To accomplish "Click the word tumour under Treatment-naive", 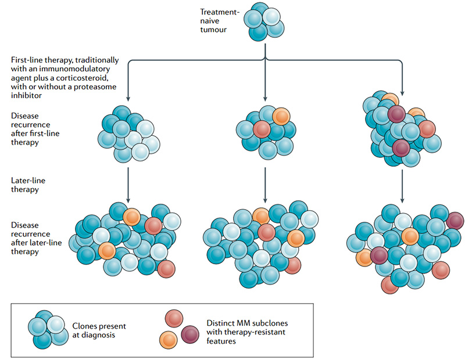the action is pos(213,30).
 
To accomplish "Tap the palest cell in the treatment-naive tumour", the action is pos(271,16).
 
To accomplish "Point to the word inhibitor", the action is pos(26,95).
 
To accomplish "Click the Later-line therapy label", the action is pos(28,185).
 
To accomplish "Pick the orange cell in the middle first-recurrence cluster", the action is pos(281,117).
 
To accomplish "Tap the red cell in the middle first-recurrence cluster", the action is pos(262,129).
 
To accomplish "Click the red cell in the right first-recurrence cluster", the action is pos(427,129).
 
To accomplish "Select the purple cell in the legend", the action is pos(190,334).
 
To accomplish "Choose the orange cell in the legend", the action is pos(168,340).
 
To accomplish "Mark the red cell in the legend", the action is pos(174,319).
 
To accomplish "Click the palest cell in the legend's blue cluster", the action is pos(56,325).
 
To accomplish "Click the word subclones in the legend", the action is pos(270,323).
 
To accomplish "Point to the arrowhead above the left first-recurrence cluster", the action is pos(128,99).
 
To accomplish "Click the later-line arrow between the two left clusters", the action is pos(128,185).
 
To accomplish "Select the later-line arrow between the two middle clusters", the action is pos(265,185).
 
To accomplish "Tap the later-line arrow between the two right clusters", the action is pos(402,186).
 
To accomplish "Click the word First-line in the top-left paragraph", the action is pos(27,60).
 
